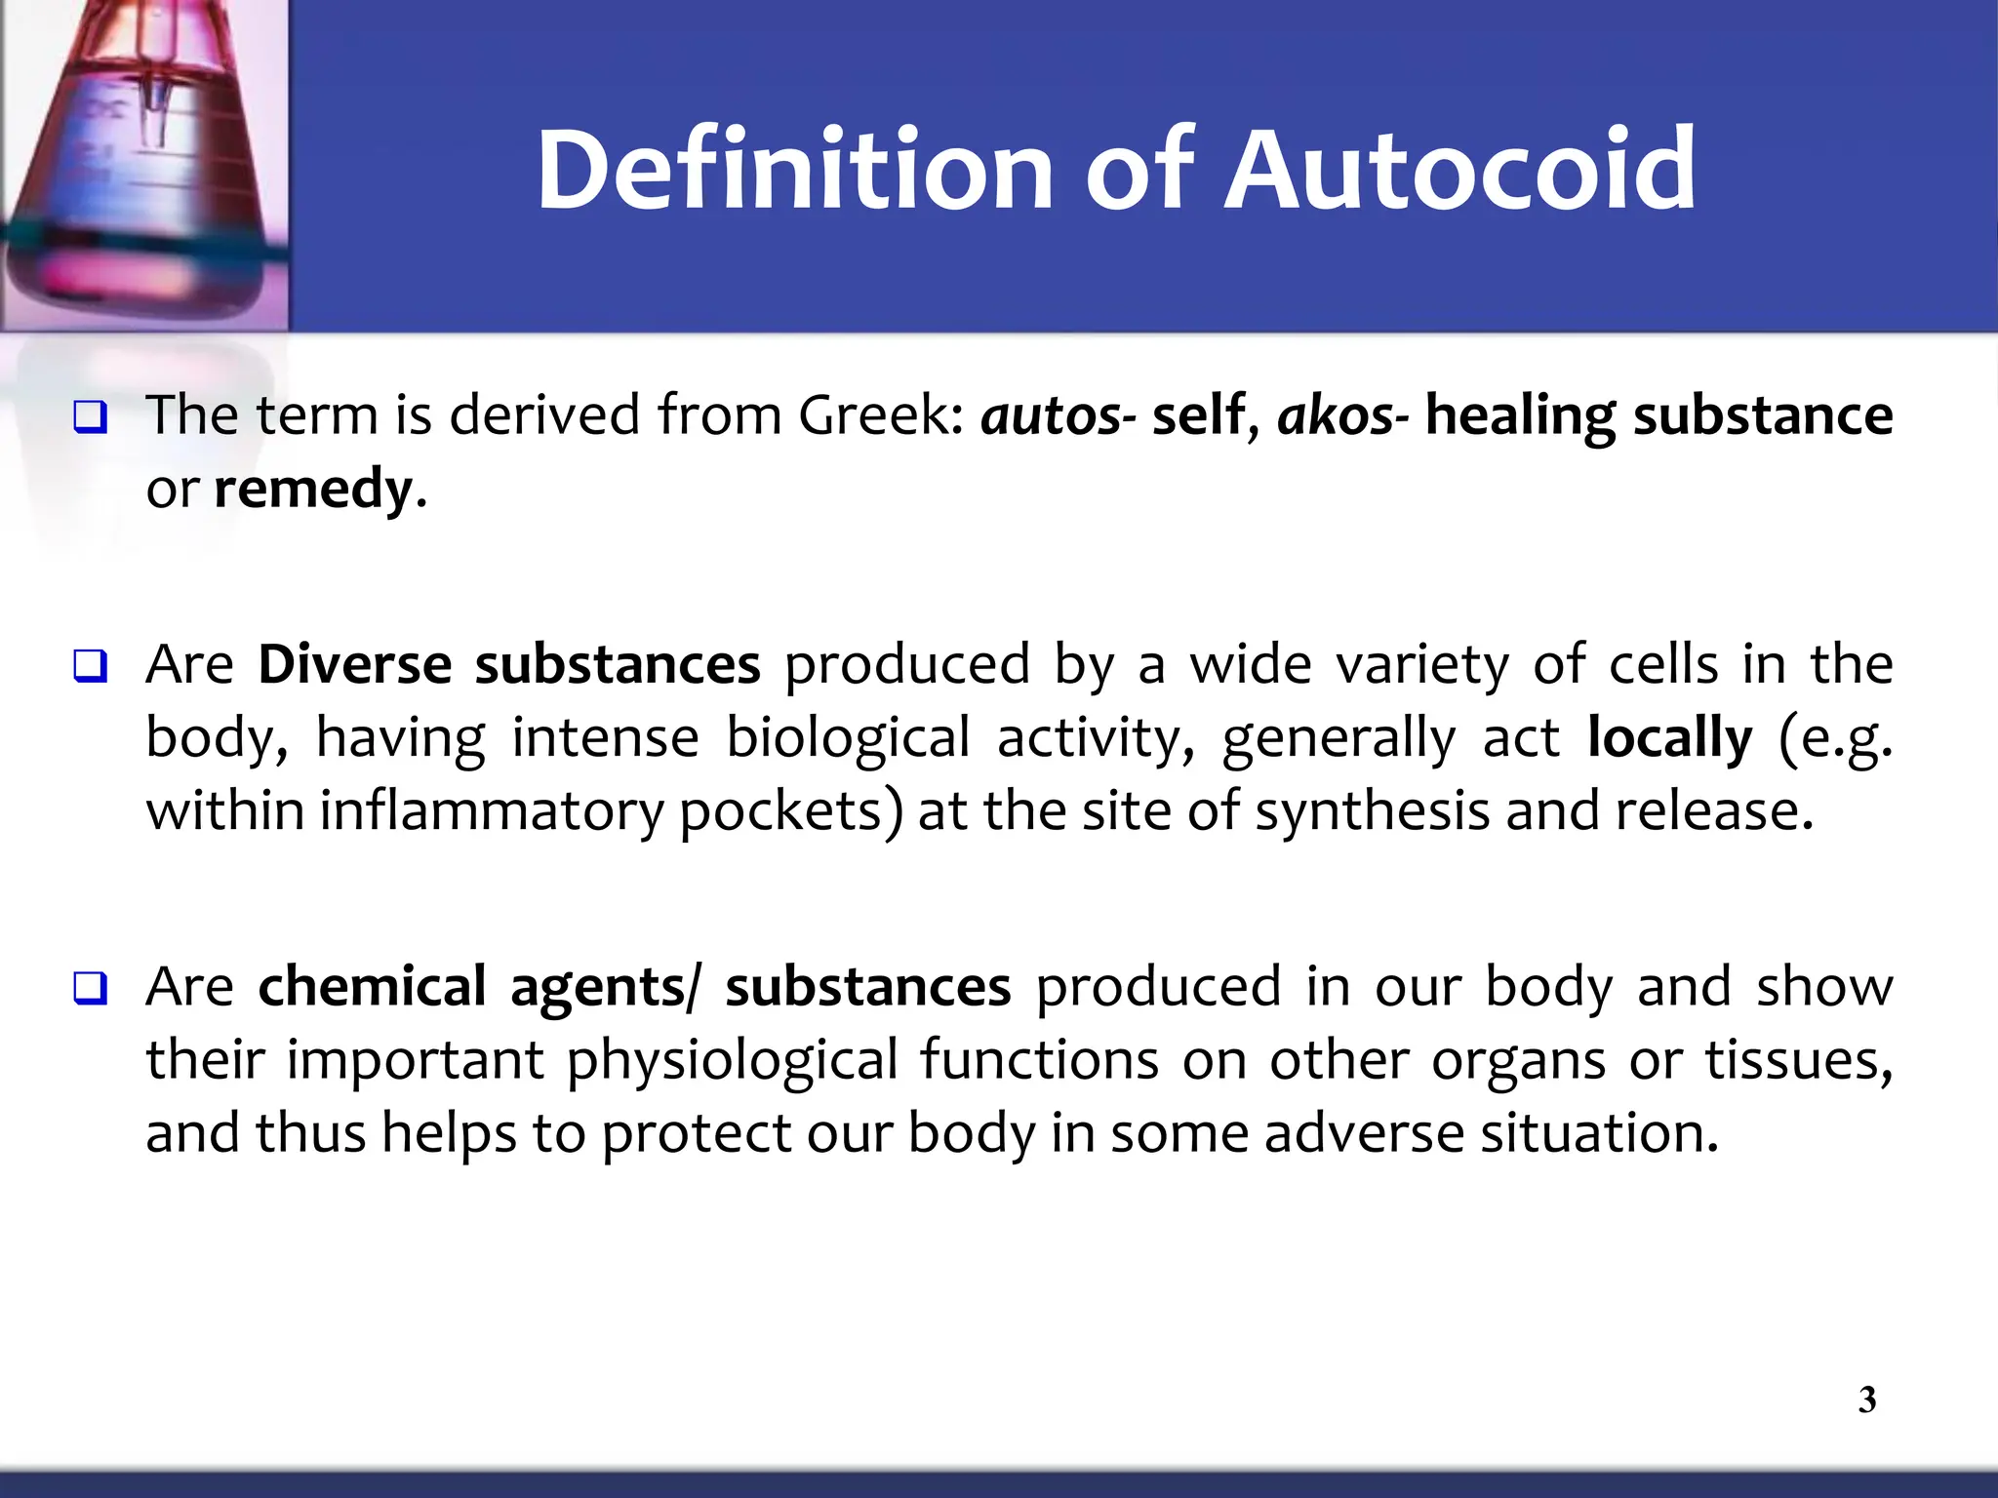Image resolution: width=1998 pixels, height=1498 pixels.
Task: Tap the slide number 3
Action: point(1866,1399)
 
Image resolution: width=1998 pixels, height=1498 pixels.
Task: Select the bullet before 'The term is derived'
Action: point(89,418)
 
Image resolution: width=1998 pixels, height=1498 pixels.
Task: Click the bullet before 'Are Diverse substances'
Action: point(89,668)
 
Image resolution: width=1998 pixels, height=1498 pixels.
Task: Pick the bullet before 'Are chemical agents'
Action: point(89,990)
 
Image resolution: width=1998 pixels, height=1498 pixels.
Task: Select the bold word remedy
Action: point(312,490)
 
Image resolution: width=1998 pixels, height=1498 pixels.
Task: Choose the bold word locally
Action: point(1669,738)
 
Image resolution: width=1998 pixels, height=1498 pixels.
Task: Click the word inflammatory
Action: point(491,812)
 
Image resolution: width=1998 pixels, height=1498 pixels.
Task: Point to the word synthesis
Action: point(1372,812)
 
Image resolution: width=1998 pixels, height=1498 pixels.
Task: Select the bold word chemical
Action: point(372,987)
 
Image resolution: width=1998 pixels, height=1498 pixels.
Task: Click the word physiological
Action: point(732,1061)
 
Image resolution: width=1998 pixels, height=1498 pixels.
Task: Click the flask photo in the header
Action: point(143,164)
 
